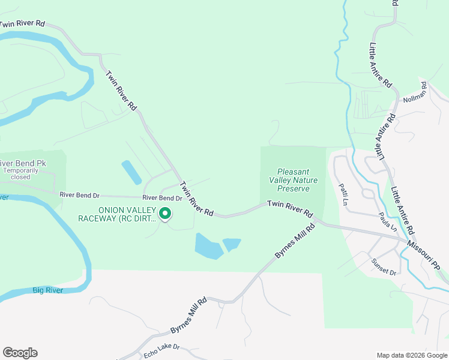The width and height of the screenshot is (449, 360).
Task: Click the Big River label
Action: click(x=46, y=290)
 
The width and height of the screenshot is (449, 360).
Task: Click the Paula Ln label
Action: click(x=388, y=221)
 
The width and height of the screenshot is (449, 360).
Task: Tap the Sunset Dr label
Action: click(x=384, y=267)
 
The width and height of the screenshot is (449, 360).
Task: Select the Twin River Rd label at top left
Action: click(x=23, y=24)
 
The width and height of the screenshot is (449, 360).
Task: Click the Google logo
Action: click(x=20, y=353)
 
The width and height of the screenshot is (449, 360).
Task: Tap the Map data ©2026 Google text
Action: click(x=412, y=355)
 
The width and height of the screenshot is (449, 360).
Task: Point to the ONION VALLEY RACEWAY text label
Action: click(x=117, y=214)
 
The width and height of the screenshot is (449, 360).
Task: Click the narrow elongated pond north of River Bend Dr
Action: click(x=131, y=172)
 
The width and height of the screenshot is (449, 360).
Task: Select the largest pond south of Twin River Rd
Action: click(x=208, y=247)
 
